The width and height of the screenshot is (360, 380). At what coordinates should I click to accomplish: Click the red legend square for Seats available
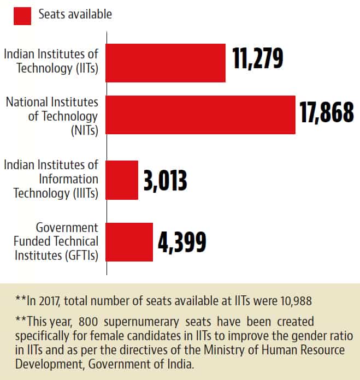(22, 15)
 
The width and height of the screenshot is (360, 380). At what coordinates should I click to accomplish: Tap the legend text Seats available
(75, 15)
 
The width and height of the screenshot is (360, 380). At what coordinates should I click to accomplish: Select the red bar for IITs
(166, 63)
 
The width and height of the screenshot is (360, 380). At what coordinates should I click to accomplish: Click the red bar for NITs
(200, 115)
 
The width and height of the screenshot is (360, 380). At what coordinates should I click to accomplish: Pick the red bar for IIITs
(122, 180)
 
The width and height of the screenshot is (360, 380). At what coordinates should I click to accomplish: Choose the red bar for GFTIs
(129, 242)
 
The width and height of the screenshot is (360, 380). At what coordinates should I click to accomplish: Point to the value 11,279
(258, 58)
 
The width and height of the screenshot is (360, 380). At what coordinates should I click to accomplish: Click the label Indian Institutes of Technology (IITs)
(51, 61)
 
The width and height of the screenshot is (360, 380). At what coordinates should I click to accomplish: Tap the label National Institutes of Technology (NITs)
(52, 116)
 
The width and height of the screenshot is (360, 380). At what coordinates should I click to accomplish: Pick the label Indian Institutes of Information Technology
(51, 179)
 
